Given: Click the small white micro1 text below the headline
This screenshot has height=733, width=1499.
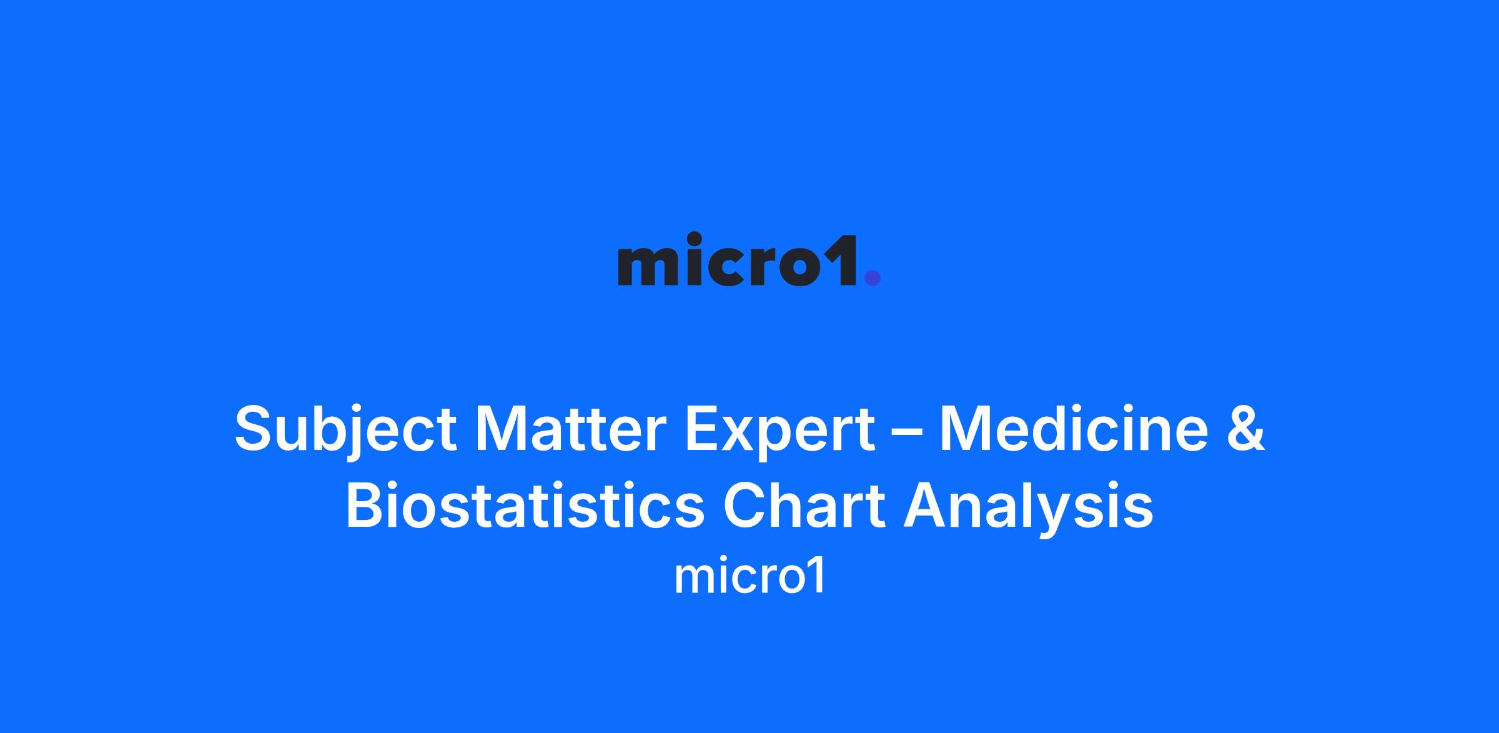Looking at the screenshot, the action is tap(749, 577).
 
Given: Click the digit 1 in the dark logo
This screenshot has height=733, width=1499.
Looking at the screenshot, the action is tap(846, 261).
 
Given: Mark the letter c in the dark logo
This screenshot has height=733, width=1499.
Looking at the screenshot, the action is tap(726, 267).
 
